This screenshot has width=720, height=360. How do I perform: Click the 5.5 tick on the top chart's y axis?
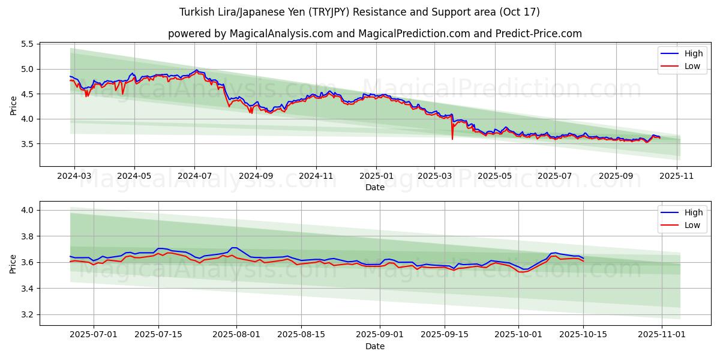(27, 44)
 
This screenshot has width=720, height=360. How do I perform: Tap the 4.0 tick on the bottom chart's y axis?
(27, 210)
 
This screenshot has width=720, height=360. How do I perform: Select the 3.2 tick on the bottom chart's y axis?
(27, 314)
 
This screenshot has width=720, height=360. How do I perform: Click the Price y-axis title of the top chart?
(13, 105)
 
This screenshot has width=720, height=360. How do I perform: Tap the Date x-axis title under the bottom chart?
(375, 346)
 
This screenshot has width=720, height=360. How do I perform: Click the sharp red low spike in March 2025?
(452, 139)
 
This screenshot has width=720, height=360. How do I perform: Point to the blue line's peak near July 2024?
(196, 70)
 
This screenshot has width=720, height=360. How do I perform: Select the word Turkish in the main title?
(196, 12)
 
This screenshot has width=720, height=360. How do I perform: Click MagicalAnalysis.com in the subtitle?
(281, 34)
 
